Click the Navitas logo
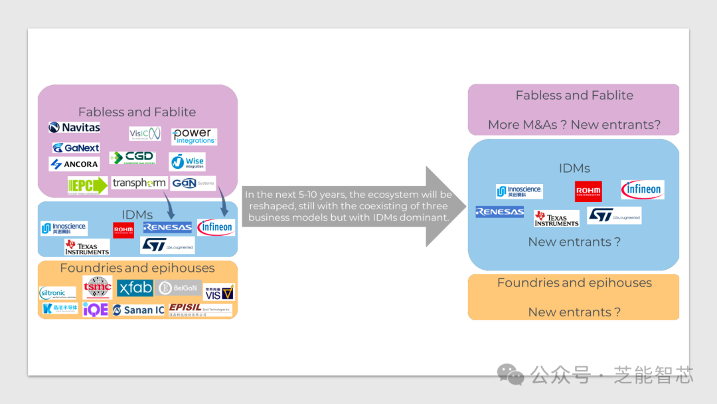pyautogui.click(x=75, y=127)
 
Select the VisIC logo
pyautogui.click(x=145, y=134)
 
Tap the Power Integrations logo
pyautogui.click(x=194, y=136)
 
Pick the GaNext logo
pyautogui.click(x=76, y=148)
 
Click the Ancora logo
pyautogui.click(x=74, y=164)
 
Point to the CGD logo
pyautogui.click(x=132, y=157)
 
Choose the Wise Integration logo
pyautogui.click(x=187, y=161)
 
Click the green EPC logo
pyautogui.click(x=88, y=185)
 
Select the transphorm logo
pyautogui.click(x=139, y=183)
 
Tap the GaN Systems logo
pyautogui.click(x=193, y=183)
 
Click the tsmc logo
pyautogui.click(x=98, y=287)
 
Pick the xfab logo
pyautogui.click(x=135, y=288)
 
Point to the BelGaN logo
pyautogui.click(x=179, y=288)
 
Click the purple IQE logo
pyautogui.click(x=96, y=309)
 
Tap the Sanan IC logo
pyautogui.click(x=138, y=310)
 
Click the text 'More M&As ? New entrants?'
pyautogui.click(x=574, y=124)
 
